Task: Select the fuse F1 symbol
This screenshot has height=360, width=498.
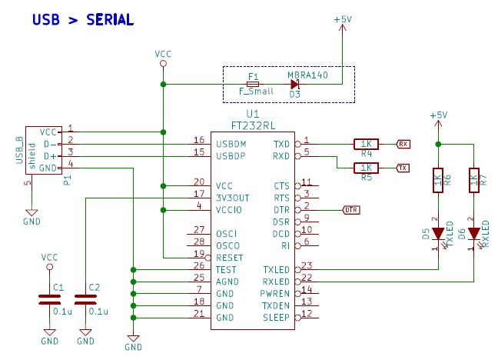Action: click(x=253, y=84)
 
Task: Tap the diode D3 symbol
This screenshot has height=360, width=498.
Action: click(x=294, y=84)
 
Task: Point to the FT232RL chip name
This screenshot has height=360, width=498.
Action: click(x=254, y=124)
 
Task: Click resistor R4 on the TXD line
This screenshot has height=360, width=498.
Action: click(x=366, y=143)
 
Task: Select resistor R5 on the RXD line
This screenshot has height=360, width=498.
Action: click(x=366, y=168)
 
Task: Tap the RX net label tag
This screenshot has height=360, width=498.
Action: click(x=403, y=143)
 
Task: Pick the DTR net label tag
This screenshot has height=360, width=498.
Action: click(x=349, y=209)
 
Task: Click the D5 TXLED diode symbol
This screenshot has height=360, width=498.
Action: click(x=438, y=232)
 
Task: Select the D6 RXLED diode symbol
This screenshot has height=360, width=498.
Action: click(x=473, y=232)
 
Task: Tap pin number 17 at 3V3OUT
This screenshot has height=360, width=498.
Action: click(x=198, y=194)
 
